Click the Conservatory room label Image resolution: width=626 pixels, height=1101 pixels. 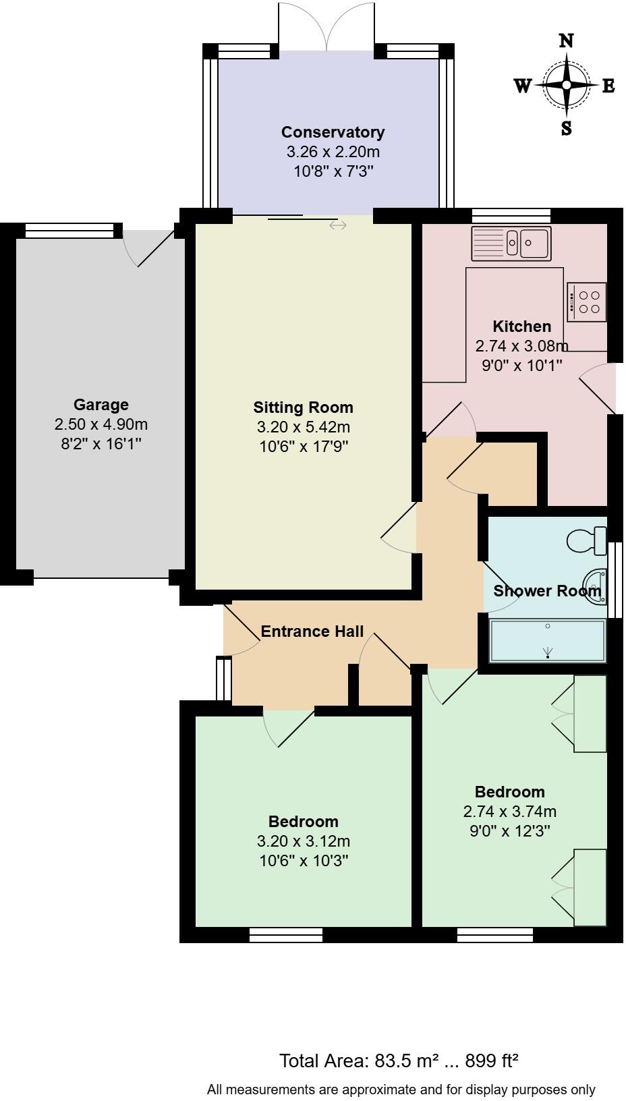(x=333, y=132)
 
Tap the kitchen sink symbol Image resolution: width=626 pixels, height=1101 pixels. (x=511, y=244)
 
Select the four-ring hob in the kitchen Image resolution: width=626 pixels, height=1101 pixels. (x=587, y=302)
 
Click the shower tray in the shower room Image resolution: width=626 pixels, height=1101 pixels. (x=548, y=641)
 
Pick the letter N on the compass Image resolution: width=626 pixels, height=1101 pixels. (x=566, y=40)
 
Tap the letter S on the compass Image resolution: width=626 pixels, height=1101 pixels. (x=566, y=128)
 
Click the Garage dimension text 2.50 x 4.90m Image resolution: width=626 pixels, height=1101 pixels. (x=101, y=424)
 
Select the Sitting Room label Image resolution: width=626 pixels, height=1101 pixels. (x=303, y=407)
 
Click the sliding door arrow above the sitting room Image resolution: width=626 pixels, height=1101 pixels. (x=338, y=225)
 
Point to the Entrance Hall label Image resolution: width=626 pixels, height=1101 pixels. (x=312, y=631)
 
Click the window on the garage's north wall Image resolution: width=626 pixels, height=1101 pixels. (x=69, y=231)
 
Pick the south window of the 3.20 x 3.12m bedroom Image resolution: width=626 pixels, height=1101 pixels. (x=285, y=935)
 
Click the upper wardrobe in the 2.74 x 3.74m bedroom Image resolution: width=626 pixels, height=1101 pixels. (x=590, y=713)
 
